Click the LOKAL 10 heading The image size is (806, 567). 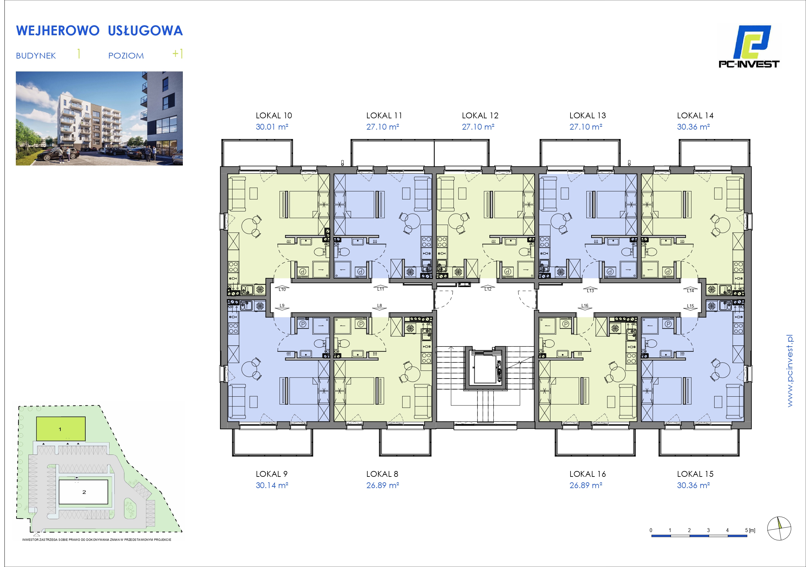coord(274,116)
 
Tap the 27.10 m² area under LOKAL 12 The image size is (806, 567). coord(478,127)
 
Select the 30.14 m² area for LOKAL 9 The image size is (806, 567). coord(272,485)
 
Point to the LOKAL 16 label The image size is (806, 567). coord(588,474)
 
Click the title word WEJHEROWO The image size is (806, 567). coord(58,31)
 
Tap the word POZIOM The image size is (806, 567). coord(126,56)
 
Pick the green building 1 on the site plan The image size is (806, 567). coord(61,429)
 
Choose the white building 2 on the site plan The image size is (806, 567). coord(83,492)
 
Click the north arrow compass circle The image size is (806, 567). coord(779,528)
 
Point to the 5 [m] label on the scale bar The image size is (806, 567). coord(750,530)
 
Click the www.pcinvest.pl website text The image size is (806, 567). coord(790,371)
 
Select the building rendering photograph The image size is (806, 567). coord(99,118)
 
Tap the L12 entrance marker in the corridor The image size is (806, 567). coord(488,289)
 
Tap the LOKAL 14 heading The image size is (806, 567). coord(695,116)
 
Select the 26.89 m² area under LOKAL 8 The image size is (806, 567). coord(382,485)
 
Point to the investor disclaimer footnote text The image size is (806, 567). coord(97,540)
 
